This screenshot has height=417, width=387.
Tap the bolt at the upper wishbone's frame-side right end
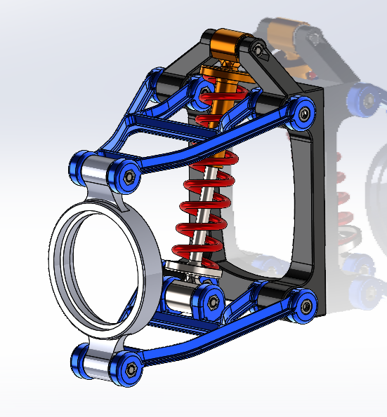coord(304,111)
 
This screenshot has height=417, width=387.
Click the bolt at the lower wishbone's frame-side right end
coord(305,305)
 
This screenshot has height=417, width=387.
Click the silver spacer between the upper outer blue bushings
coord(98,170)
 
